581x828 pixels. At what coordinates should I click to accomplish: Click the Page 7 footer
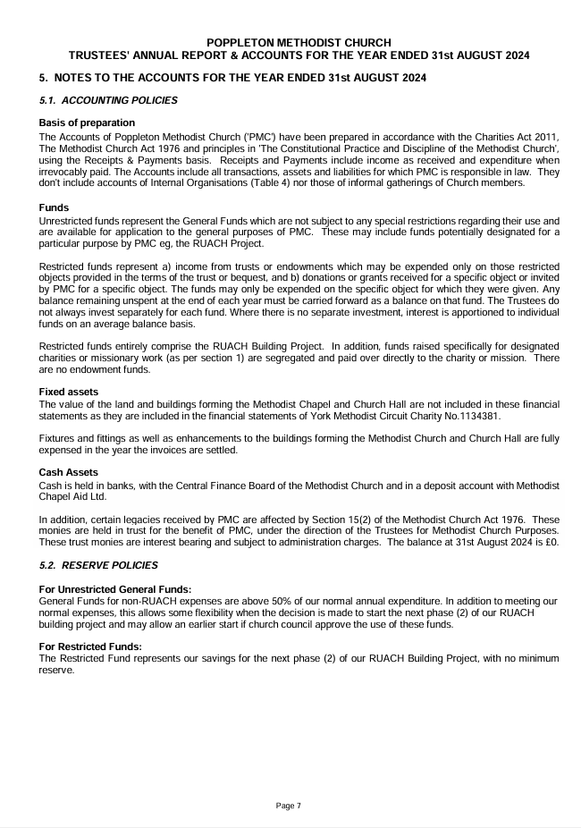pos(289,806)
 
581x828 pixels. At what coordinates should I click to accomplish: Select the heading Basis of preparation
pos(87,123)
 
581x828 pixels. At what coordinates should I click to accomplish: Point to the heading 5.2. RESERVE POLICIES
pos(98,565)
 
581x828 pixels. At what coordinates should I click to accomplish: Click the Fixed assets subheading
pos(69,392)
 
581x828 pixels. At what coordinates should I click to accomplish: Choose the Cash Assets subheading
pos(68,472)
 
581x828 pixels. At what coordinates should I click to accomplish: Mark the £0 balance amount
pos(551,542)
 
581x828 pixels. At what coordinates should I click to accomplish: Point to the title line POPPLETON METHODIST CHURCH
pos(298,43)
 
